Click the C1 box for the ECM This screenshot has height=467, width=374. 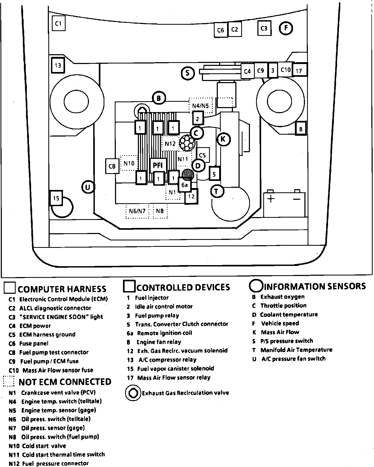click(x=58, y=23)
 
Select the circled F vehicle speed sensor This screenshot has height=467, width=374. click(x=286, y=28)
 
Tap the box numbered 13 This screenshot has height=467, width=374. click(x=58, y=65)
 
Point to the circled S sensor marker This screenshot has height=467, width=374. click(x=188, y=73)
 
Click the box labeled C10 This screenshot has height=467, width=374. click(x=286, y=70)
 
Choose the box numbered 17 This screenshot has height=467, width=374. click(x=299, y=71)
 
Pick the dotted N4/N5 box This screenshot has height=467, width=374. click(x=201, y=105)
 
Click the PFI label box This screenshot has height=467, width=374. click(x=158, y=165)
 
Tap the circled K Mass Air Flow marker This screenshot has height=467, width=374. click(x=223, y=139)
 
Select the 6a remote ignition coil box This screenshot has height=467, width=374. click(x=185, y=185)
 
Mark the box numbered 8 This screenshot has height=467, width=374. click(x=301, y=129)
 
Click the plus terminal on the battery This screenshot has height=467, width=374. click(x=271, y=199)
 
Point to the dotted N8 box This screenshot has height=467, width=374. click(x=160, y=211)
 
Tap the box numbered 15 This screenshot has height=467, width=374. click(x=56, y=198)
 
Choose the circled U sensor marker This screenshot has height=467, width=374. click(x=88, y=187)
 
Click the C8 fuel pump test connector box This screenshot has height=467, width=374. click(x=112, y=166)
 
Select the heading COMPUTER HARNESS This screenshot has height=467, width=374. click(x=62, y=289)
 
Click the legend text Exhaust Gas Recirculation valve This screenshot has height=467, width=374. click(x=185, y=393)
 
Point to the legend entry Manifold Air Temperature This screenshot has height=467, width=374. click(x=296, y=350)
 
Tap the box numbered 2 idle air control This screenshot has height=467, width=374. click(x=197, y=119)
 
